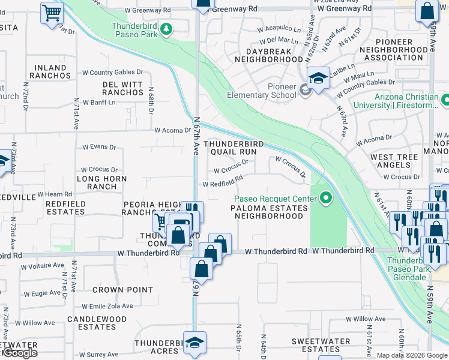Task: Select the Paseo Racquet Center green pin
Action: tap(326, 197)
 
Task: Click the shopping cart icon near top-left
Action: tap(52, 12)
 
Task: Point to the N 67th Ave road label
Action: tap(196, 136)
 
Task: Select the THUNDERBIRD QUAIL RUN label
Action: tap(231, 148)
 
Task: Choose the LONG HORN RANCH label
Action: tap(101, 182)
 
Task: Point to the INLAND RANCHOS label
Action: tap(52, 72)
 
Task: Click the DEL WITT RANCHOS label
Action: tap(122, 88)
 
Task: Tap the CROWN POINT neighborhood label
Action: tap(123, 290)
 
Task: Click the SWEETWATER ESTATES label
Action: tap(321, 345)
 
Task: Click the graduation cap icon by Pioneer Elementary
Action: tap(318, 77)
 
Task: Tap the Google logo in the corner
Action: tap(19, 353)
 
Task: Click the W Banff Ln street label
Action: tap(100, 102)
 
